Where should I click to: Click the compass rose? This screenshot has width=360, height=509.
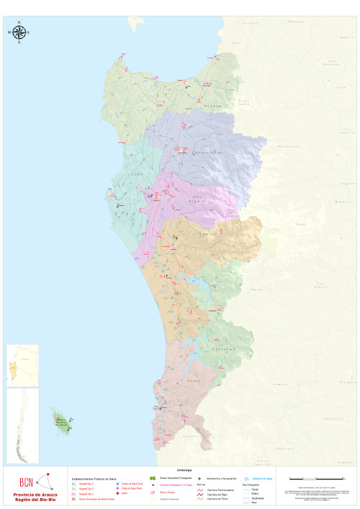coord(19,32)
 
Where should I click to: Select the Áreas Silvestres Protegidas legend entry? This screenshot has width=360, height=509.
coord(171,478)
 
